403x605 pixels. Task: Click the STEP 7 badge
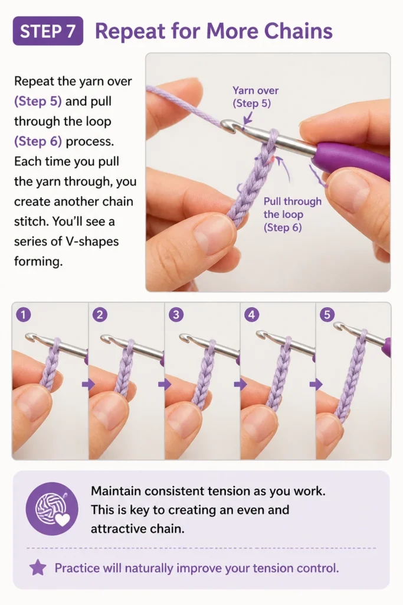pyautogui.click(x=48, y=31)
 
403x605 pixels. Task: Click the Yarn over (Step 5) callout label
pyautogui.click(x=255, y=97)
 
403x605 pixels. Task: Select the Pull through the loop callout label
pyautogui.click(x=293, y=214)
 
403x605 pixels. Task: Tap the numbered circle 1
pyautogui.click(x=23, y=315)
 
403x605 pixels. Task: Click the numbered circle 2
pyautogui.click(x=99, y=315)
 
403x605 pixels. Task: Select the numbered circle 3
pyautogui.click(x=176, y=315)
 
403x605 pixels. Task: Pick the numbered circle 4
pyautogui.click(x=251, y=315)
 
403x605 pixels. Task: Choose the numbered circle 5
pyautogui.click(x=327, y=315)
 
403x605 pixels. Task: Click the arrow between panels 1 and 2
pyautogui.click(x=89, y=384)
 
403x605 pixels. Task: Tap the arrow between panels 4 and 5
pyautogui.click(x=316, y=384)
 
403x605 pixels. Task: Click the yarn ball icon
pyautogui.click(x=51, y=509)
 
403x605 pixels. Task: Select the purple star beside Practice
pyautogui.click(x=38, y=568)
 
